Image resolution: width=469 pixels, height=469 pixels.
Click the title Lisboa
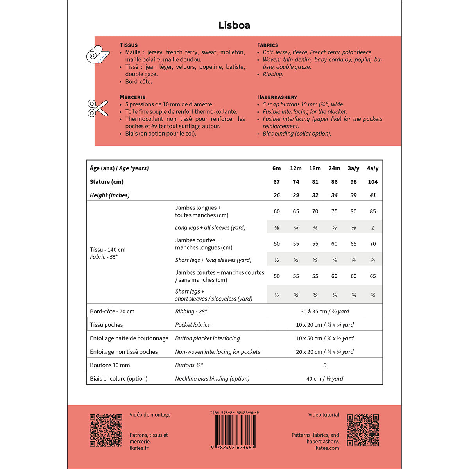click(x=234, y=25)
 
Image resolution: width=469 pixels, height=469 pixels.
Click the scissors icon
click(x=98, y=108)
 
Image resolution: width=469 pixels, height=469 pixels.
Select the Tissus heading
click(x=129, y=45)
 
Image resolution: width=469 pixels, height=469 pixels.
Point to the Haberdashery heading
click(x=277, y=97)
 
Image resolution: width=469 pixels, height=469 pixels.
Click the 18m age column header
click(x=315, y=168)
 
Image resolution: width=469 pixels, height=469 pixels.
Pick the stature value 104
click(x=372, y=182)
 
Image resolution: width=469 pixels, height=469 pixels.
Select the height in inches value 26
click(x=276, y=195)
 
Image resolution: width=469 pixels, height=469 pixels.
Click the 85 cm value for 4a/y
click(x=372, y=211)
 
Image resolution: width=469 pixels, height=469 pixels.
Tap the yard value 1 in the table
click(x=372, y=228)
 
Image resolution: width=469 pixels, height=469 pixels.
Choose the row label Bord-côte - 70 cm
click(x=112, y=311)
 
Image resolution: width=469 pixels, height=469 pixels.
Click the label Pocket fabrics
click(x=192, y=325)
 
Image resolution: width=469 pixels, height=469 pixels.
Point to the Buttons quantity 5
click(x=325, y=365)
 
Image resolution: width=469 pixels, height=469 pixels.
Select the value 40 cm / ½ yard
click(x=325, y=379)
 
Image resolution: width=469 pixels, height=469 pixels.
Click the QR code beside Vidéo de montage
click(x=106, y=430)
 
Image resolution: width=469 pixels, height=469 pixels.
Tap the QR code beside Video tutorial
click(x=363, y=430)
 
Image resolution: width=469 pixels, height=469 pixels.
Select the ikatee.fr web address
click(x=139, y=448)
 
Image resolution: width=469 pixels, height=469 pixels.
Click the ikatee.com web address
click(x=327, y=448)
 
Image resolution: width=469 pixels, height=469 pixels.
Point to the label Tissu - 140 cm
click(x=108, y=250)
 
